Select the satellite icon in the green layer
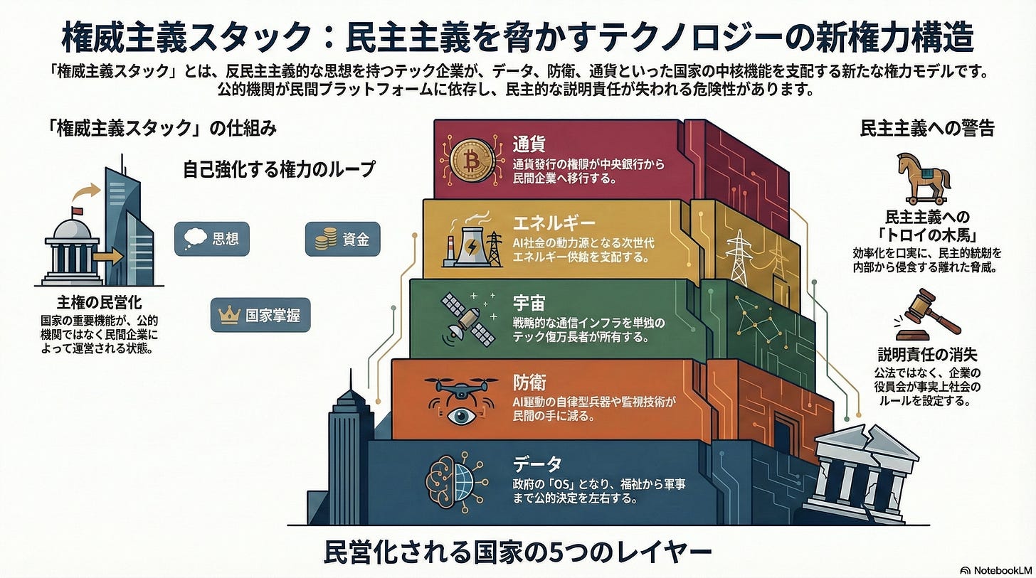tap(467, 322)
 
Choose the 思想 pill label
tap(212, 239)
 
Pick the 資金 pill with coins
tap(342, 239)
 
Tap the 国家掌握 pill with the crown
tap(260, 316)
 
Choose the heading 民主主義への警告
tap(927, 129)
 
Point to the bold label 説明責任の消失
tap(927, 353)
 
